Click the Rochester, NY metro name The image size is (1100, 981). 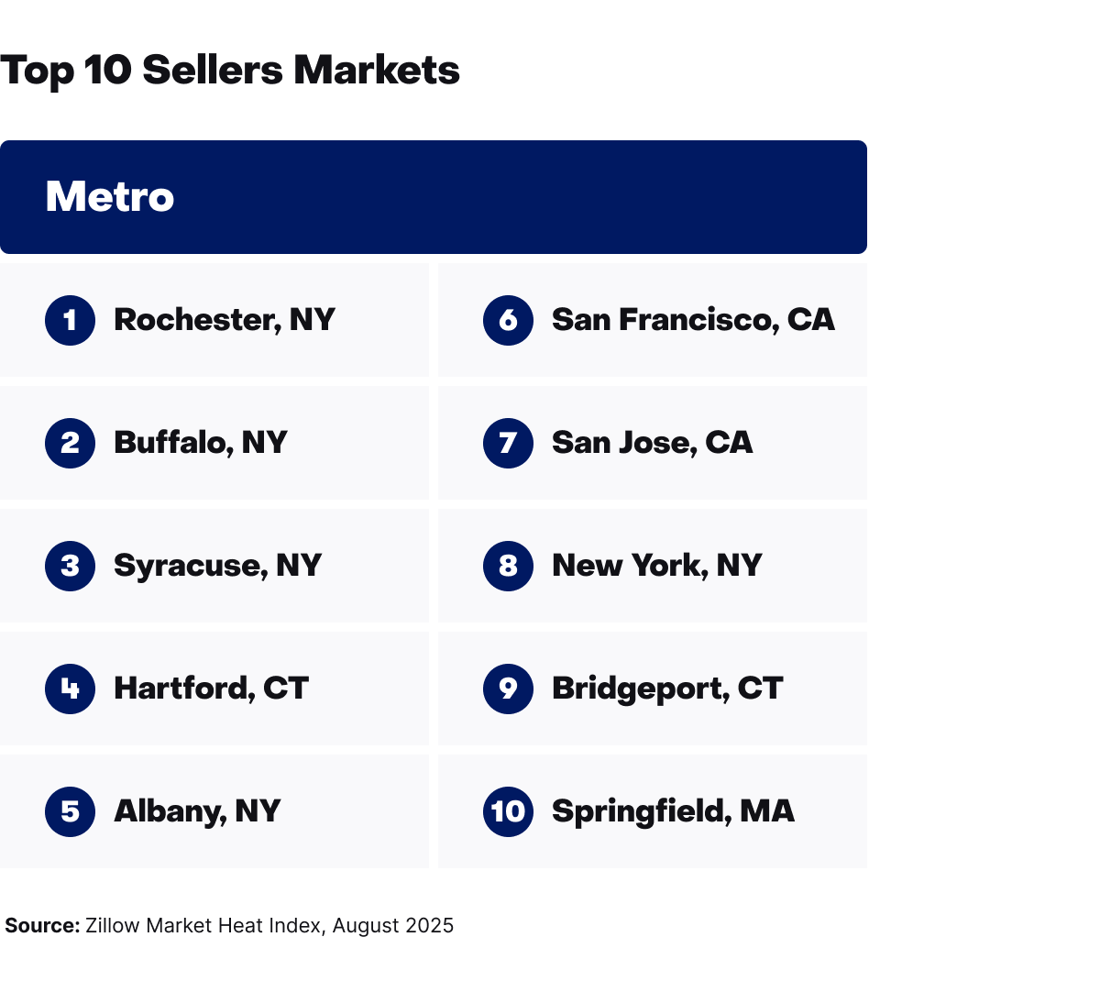pos(224,320)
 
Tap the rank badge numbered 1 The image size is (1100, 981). pos(70,320)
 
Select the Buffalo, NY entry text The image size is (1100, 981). pos(200,443)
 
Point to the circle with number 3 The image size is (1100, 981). pos(70,566)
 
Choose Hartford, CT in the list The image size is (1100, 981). pos(211,689)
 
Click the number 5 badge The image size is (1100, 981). pos(70,811)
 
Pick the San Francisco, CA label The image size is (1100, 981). pos(693,320)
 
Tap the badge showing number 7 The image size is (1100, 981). pos(508,443)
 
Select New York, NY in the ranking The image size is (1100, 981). pos(656,566)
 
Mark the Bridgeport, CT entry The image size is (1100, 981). pos(666,689)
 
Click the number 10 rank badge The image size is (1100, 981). pos(508,811)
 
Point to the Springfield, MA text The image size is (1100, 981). pos(673,811)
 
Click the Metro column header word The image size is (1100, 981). pos(110,197)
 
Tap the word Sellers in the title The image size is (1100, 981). pos(213,71)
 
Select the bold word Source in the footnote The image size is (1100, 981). pos(42,926)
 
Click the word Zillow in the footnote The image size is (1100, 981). pos(113,926)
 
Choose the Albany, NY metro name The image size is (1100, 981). pos(197,811)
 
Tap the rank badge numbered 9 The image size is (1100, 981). pos(508,689)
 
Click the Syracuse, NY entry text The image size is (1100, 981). pos(217,566)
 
